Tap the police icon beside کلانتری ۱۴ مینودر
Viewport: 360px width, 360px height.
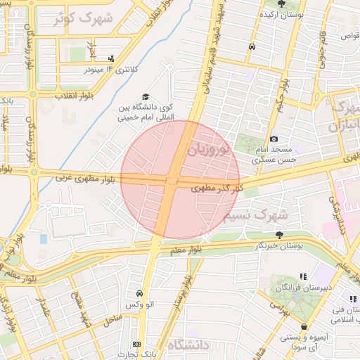coord(111,59)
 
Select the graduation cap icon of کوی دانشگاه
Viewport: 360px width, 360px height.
coord(146,97)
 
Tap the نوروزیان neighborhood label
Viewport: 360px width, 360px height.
coord(209,148)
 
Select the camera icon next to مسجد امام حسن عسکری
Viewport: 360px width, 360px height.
coord(274,139)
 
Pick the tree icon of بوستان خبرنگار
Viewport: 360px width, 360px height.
coord(279,234)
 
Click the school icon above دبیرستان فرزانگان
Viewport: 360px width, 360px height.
coord(303,277)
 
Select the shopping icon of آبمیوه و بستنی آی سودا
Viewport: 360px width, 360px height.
coord(304,327)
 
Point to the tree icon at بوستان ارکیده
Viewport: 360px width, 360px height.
coord(281,4)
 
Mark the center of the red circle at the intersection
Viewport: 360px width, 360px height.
coord(180,180)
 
